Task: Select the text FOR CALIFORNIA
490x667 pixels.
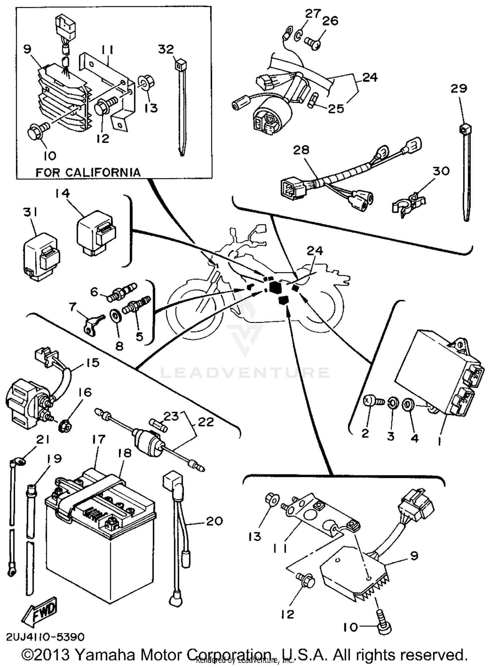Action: pyautogui.click(x=88, y=172)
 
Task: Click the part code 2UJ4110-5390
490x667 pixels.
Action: pyautogui.click(x=45, y=637)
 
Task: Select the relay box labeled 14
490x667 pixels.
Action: pyautogui.click(x=97, y=235)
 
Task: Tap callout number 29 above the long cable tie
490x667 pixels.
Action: pyautogui.click(x=459, y=88)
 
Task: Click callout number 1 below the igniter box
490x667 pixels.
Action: pyautogui.click(x=440, y=441)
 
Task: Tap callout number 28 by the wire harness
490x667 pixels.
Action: pyautogui.click(x=301, y=150)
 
